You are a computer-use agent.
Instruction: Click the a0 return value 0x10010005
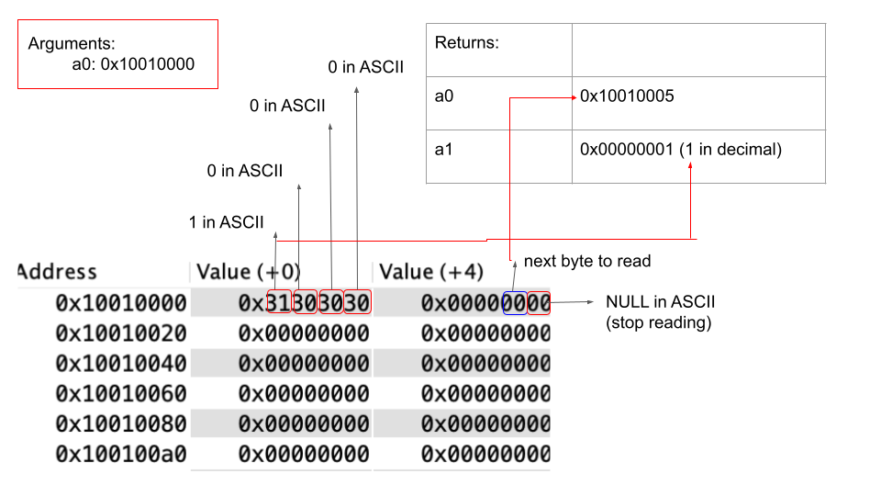point(627,96)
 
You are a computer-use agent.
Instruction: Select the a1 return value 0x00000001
point(627,150)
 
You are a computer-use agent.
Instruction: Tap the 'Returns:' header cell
point(467,43)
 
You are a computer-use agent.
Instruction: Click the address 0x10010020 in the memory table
point(121,333)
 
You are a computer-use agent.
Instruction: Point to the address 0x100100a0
point(121,454)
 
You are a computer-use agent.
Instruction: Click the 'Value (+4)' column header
point(431,272)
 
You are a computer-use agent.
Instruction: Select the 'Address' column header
point(57,272)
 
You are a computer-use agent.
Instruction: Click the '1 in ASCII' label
point(226,222)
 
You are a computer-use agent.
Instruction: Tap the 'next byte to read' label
point(587,261)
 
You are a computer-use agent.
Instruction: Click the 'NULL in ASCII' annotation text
point(660,302)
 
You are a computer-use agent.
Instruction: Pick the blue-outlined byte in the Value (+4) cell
point(515,303)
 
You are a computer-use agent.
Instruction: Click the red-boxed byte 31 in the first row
point(279,302)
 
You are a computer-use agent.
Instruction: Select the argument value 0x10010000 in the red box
point(147,64)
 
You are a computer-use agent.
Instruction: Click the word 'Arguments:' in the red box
point(72,44)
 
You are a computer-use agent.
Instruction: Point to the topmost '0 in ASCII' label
point(366,67)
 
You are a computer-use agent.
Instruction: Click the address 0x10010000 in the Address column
point(121,303)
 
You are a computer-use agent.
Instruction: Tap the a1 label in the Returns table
point(444,150)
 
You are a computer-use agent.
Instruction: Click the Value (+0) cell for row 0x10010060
point(304,394)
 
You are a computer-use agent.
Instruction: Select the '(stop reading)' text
point(659,322)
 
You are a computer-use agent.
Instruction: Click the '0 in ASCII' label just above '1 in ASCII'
point(244,171)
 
